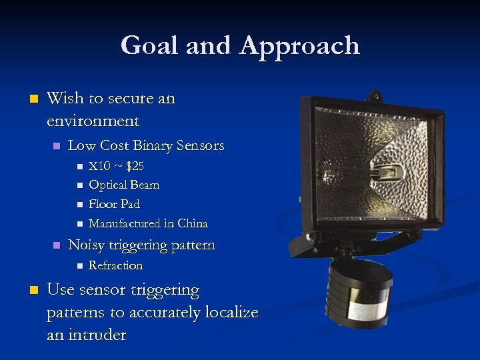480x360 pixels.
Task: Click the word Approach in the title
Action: [299, 47]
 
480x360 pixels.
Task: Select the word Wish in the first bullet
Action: [65, 99]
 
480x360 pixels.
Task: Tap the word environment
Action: [93, 121]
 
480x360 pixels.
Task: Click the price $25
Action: [135, 166]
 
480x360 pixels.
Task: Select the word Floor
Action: [101, 204]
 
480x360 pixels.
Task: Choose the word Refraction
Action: [115, 265]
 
